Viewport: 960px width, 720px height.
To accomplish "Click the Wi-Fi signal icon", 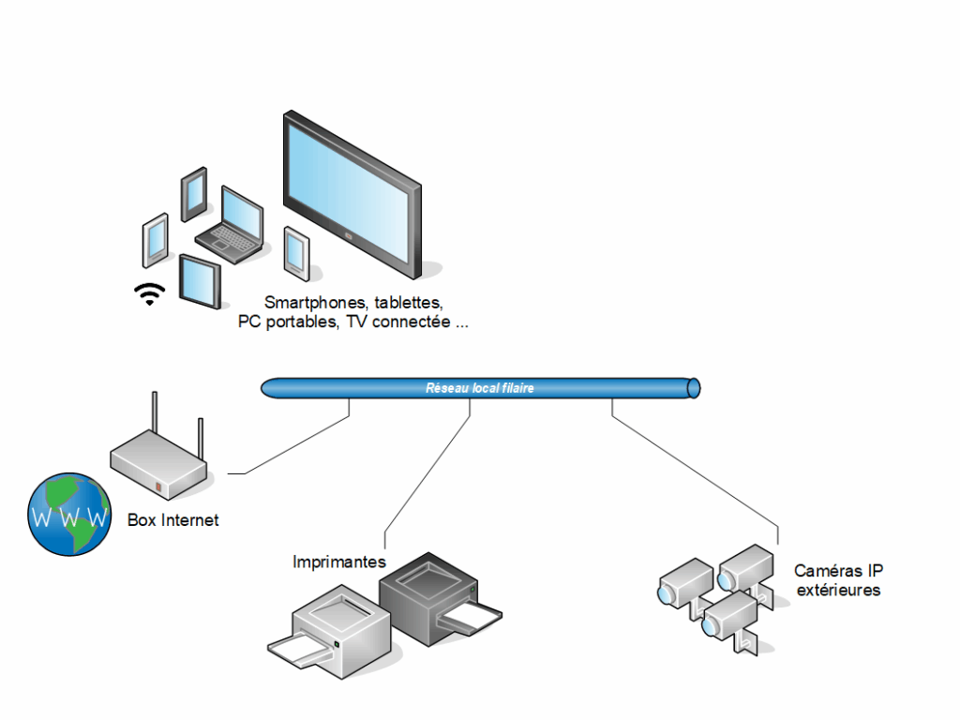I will click(149, 294).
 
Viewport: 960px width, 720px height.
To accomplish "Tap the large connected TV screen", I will click(352, 193).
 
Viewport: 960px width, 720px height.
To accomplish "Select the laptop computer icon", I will click(230, 221).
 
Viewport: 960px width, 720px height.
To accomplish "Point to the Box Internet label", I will click(172, 519).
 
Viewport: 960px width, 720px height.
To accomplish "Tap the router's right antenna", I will click(201, 441).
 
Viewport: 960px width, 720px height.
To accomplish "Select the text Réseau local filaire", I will click(480, 387).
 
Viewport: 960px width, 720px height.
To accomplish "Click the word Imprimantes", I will click(339, 562).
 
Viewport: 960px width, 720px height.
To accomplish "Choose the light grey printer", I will click(341, 629).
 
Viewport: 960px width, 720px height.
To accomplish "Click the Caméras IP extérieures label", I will click(838, 580).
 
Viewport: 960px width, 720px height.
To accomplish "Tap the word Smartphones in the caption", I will click(316, 303).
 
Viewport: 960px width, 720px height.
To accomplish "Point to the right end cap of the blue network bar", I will click(694, 387).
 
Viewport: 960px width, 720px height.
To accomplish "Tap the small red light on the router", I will click(158, 487).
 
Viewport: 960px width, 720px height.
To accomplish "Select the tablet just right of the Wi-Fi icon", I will click(200, 280).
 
